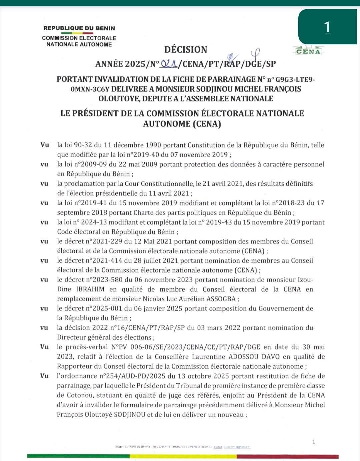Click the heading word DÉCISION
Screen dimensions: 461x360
tap(186, 49)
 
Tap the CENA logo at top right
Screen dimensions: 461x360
tap(308, 51)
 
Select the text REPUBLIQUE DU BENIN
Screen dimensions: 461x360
tap(79, 28)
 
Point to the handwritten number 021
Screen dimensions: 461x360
tap(169, 63)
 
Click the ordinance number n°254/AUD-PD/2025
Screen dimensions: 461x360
tap(133, 376)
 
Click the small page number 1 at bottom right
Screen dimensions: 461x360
tap(314, 442)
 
